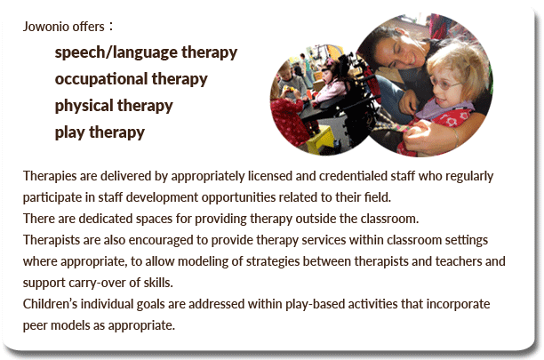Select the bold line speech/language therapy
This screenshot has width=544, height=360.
[x=146, y=52]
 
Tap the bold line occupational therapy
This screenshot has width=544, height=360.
[x=132, y=79]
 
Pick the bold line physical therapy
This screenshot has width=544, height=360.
[x=114, y=106]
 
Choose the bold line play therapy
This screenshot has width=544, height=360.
[x=100, y=132]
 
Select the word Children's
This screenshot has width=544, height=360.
[x=50, y=304]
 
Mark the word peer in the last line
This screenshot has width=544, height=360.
[x=33, y=325]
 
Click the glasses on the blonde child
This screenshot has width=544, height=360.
[x=444, y=84]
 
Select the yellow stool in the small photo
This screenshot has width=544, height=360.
[x=319, y=140]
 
